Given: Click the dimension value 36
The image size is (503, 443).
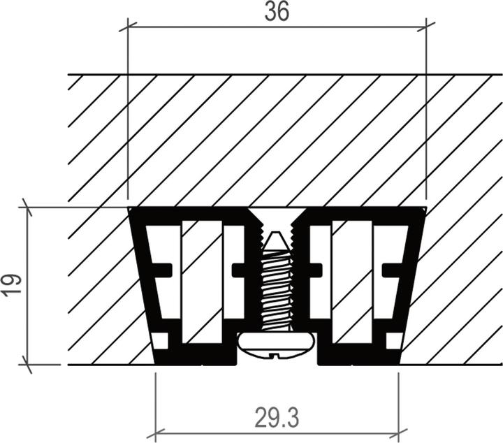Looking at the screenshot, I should tap(277, 12).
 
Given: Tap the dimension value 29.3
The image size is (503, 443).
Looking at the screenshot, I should tap(277, 418).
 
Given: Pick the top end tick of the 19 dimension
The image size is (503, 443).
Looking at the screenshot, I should tap(27, 207).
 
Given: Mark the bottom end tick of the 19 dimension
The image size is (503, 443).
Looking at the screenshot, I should tap(27, 364).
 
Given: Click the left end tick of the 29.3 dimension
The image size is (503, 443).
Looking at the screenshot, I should tap(155, 432).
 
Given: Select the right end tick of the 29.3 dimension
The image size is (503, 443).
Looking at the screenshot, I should tap(398, 432).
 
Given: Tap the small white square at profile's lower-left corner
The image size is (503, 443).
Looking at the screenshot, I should tap(160, 341).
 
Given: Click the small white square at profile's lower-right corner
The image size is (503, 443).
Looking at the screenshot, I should tap(394, 341).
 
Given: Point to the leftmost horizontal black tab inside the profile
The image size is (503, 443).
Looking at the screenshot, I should tap(161, 269).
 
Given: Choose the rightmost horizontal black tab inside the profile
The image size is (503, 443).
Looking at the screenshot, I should tap(392, 269).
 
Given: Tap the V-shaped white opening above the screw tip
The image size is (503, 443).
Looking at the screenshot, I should tap(277, 218).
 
